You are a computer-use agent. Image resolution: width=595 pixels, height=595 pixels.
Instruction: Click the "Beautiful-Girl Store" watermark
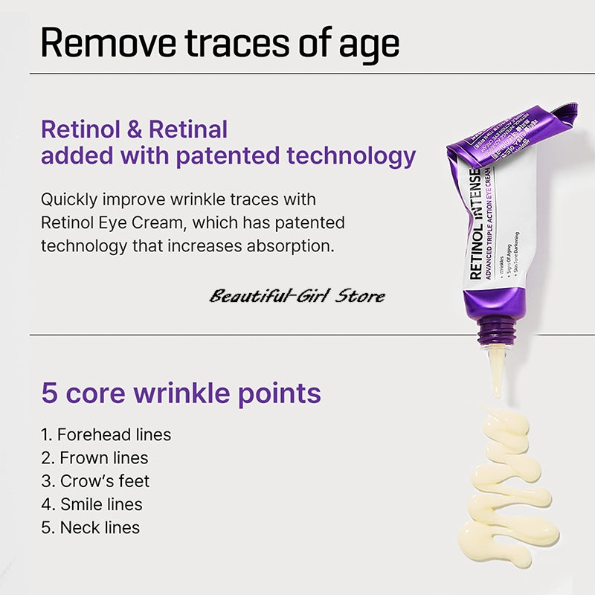pos(297,296)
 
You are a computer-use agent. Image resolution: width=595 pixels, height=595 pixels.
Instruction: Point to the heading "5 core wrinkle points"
pos(181,393)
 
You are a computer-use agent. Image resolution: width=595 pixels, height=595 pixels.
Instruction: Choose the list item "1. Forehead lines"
pos(106,434)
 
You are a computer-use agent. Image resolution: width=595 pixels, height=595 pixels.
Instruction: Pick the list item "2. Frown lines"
pos(94,457)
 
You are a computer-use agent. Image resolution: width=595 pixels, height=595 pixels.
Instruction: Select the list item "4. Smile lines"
pos(91,504)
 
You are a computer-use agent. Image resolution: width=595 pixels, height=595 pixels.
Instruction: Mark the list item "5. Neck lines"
pos(90,527)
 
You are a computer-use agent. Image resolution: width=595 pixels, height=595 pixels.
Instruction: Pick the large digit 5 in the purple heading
pos(50,393)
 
